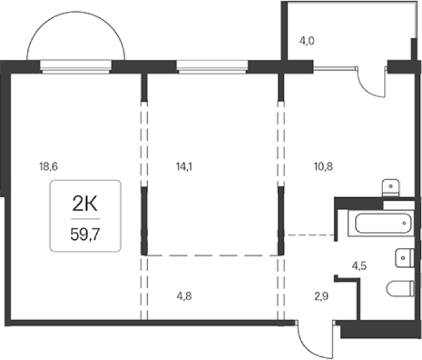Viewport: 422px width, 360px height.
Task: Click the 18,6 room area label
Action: tap(49, 166)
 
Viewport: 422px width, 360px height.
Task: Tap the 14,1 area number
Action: tap(184, 166)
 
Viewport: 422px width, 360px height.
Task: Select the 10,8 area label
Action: tap(323, 166)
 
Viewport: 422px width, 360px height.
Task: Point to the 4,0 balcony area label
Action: tap(307, 41)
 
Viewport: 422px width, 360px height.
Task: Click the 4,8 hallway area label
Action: tap(184, 296)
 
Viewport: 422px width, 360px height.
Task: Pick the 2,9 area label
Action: tap(322, 296)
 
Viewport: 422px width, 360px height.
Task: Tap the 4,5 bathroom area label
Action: tap(359, 266)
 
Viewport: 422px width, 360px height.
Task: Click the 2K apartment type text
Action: tap(85, 204)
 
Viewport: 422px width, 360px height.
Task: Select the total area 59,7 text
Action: tap(85, 234)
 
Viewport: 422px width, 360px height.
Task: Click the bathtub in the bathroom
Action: tap(381, 223)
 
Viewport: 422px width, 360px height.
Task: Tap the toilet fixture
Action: tap(400, 288)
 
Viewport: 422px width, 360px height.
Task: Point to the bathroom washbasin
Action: tap(405, 258)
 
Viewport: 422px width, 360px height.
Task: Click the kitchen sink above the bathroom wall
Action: tap(391, 188)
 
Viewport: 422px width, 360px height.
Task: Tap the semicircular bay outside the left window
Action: tap(76, 12)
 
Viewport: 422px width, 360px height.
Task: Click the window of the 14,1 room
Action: tap(212, 67)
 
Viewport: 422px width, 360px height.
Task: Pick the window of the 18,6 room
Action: tap(76, 67)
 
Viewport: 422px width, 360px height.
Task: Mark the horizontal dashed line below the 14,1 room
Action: tap(213, 255)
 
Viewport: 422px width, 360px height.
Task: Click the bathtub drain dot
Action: tap(404, 223)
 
